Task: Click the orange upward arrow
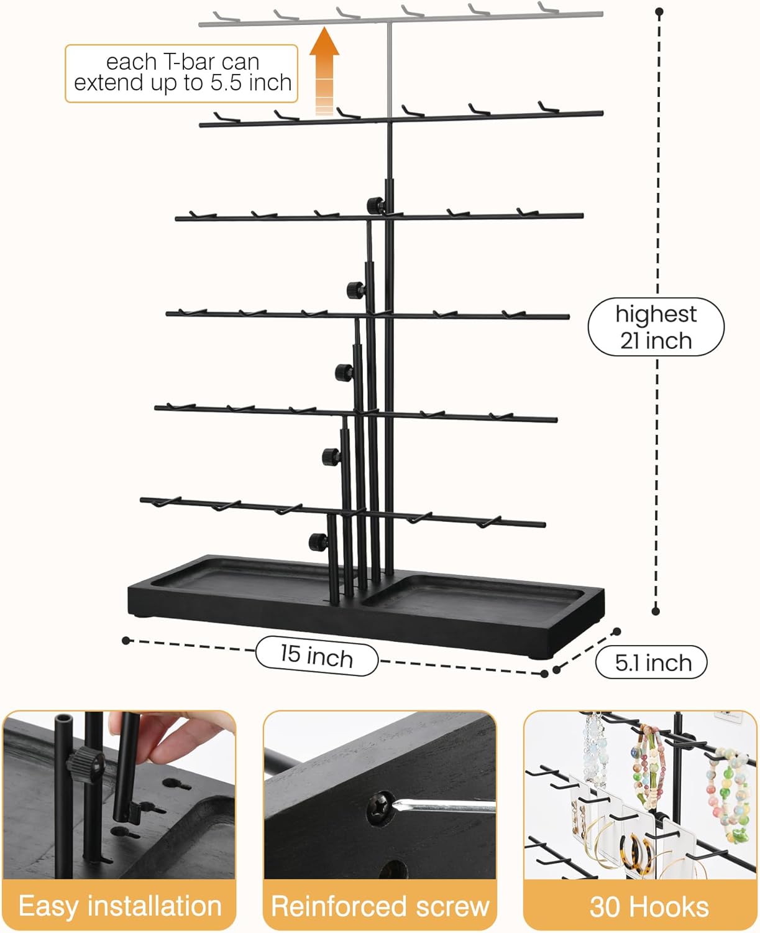[x=324, y=71]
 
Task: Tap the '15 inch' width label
[x=316, y=656]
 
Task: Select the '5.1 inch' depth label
[x=651, y=662]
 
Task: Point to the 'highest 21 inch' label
[x=656, y=327]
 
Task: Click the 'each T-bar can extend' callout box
[x=181, y=73]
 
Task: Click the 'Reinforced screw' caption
[x=380, y=906]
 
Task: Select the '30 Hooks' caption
[x=649, y=906]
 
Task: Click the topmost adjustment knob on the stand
[x=375, y=205]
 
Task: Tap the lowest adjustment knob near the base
[x=318, y=542]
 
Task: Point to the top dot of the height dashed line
[x=659, y=12]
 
